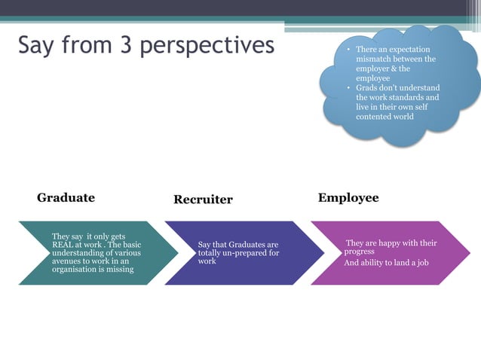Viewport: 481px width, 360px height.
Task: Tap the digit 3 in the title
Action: [x=124, y=45]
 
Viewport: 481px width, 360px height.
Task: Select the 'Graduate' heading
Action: [x=66, y=198]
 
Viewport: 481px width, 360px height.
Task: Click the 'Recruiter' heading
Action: [x=203, y=200]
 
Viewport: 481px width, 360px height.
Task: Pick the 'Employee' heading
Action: [x=348, y=198]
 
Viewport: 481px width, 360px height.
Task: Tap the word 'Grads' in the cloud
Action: [x=368, y=88]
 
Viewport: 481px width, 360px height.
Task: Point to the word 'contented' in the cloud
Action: [x=375, y=117]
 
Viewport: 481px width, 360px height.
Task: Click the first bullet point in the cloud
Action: [x=348, y=50]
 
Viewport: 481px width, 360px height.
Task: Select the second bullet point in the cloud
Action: [x=348, y=89]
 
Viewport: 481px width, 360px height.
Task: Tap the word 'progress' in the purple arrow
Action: [x=360, y=252]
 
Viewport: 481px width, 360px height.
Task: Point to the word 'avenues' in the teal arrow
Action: [x=66, y=261]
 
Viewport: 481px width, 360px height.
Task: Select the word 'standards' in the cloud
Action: [x=402, y=98]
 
